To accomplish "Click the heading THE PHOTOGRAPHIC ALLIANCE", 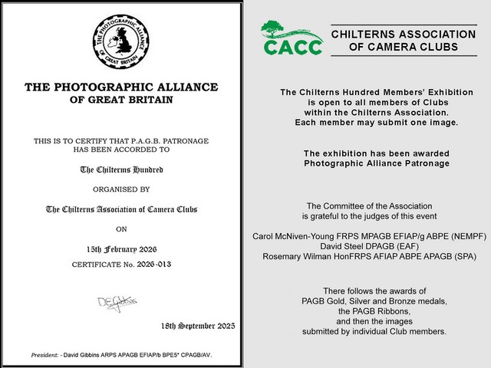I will (x=121, y=87).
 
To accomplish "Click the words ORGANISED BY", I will (x=121, y=188).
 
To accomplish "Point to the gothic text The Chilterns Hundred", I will (x=121, y=169).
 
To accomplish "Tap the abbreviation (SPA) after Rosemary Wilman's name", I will (x=463, y=258).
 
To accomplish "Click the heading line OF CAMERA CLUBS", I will (x=402, y=48).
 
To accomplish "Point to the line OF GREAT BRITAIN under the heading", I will (x=121, y=100).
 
